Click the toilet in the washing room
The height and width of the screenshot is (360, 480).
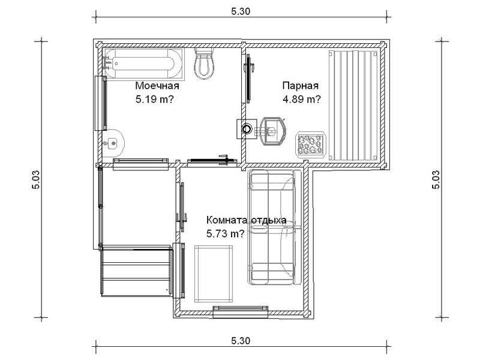point(204,64)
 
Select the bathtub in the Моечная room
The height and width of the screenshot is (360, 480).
point(143,64)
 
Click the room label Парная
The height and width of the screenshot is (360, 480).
point(301,86)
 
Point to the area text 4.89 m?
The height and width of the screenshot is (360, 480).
point(302,99)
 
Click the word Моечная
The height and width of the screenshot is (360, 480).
point(157,86)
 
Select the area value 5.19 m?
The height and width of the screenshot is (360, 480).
point(155,99)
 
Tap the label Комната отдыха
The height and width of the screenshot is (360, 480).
point(247,220)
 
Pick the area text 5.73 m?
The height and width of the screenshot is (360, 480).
point(226,234)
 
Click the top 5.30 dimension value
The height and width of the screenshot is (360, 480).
point(241,11)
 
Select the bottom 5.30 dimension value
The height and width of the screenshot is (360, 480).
point(241,341)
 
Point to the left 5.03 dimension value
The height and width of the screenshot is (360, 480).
point(36,179)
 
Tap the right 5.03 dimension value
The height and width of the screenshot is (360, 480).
point(436,179)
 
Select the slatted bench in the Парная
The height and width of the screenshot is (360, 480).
point(353,106)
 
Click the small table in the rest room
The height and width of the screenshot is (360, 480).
point(214,274)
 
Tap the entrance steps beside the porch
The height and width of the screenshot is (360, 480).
point(137,271)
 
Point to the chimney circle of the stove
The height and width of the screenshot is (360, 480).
point(247,129)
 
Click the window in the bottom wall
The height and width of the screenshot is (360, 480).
point(241,311)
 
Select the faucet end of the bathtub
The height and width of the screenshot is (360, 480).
point(109,63)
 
